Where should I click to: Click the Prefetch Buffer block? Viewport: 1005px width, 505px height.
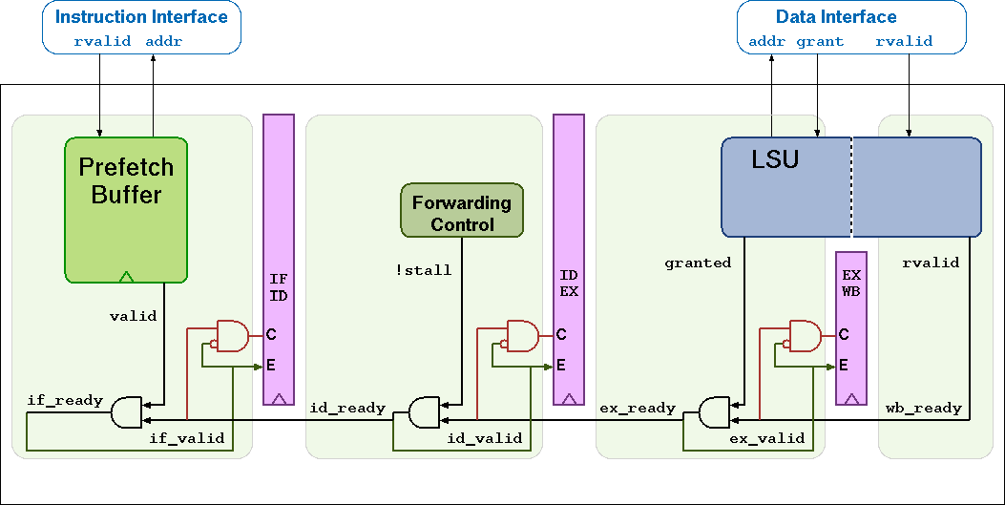pyautogui.click(x=126, y=210)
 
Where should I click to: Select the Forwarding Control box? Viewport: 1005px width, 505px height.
pyautogui.click(x=462, y=212)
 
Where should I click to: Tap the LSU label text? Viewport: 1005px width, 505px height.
pyautogui.click(x=774, y=159)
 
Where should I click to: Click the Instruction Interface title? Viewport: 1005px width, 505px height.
pyautogui.click(x=141, y=17)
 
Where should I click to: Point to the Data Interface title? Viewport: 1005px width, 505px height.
pyautogui.click(x=836, y=17)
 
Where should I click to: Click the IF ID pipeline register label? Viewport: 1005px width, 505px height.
pyautogui.click(x=279, y=287)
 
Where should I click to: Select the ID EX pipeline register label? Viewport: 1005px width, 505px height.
pyautogui.click(x=569, y=284)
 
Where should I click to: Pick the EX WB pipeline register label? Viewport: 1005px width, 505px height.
pyautogui.click(x=850, y=284)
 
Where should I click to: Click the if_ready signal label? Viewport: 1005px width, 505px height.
pyautogui.click(x=65, y=400)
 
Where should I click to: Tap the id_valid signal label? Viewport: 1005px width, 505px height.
pyautogui.click(x=485, y=438)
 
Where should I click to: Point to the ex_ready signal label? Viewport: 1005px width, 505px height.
pyautogui.click(x=638, y=408)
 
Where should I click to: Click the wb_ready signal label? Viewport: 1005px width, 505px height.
pyautogui.click(x=924, y=408)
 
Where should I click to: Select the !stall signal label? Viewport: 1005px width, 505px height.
pyautogui.click(x=423, y=270)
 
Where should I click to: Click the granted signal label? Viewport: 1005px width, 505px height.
pyautogui.click(x=698, y=263)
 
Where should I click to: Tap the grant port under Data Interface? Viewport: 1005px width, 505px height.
pyautogui.click(x=820, y=42)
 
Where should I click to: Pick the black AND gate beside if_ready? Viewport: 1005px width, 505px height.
pyautogui.click(x=125, y=412)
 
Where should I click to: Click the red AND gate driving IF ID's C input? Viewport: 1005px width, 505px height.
pyautogui.click(x=232, y=335)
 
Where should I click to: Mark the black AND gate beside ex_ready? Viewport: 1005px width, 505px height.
pyautogui.click(x=712, y=412)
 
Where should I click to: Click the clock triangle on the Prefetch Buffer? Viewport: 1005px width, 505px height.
pyautogui.click(x=126, y=277)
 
